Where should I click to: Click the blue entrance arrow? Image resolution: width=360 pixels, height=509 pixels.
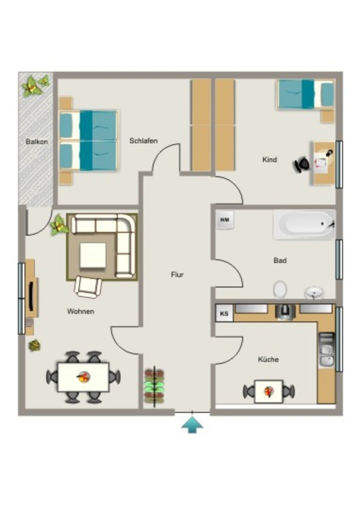pyautogui.click(x=192, y=425)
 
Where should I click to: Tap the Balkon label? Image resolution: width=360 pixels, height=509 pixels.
pyautogui.click(x=37, y=142)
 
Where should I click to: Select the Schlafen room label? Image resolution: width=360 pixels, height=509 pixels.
pyautogui.click(x=144, y=141)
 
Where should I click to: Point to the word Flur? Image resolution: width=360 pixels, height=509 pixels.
pyautogui.click(x=177, y=274)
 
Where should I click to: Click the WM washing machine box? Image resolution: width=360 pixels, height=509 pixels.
pyautogui.click(x=225, y=220)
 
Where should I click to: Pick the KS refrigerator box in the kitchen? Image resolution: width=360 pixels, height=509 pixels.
pyautogui.click(x=224, y=314)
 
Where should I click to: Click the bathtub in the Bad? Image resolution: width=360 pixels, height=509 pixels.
pyautogui.click(x=304, y=225)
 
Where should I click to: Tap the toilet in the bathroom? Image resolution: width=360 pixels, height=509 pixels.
pyautogui.click(x=280, y=289)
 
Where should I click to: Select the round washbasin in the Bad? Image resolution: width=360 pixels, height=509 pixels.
pyautogui.click(x=314, y=293)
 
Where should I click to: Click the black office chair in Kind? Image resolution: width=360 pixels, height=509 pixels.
pyautogui.click(x=302, y=164)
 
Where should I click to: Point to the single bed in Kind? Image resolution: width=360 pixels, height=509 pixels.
pyautogui.click(x=306, y=94)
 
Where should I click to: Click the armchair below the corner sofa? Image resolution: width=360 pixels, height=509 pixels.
pyautogui.click(x=88, y=287)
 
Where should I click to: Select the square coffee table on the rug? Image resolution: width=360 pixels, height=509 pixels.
pyautogui.click(x=93, y=255)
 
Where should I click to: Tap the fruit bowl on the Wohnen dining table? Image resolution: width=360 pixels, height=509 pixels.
pyautogui.click(x=84, y=377)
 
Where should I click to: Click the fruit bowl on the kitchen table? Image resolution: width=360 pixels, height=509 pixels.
pyautogui.click(x=269, y=392)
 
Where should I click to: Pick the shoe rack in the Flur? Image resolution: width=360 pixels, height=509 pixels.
pyautogui.click(x=154, y=386)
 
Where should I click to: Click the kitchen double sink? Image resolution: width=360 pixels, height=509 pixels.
pyautogui.click(x=326, y=355)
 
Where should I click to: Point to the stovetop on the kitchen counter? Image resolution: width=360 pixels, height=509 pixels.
pyautogui.click(x=285, y=312)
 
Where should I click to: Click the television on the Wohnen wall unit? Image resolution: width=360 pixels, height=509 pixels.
pyautogui.click(x=32, y=296)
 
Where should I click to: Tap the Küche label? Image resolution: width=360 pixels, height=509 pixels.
pyautogui.click(x=268, y=359)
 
